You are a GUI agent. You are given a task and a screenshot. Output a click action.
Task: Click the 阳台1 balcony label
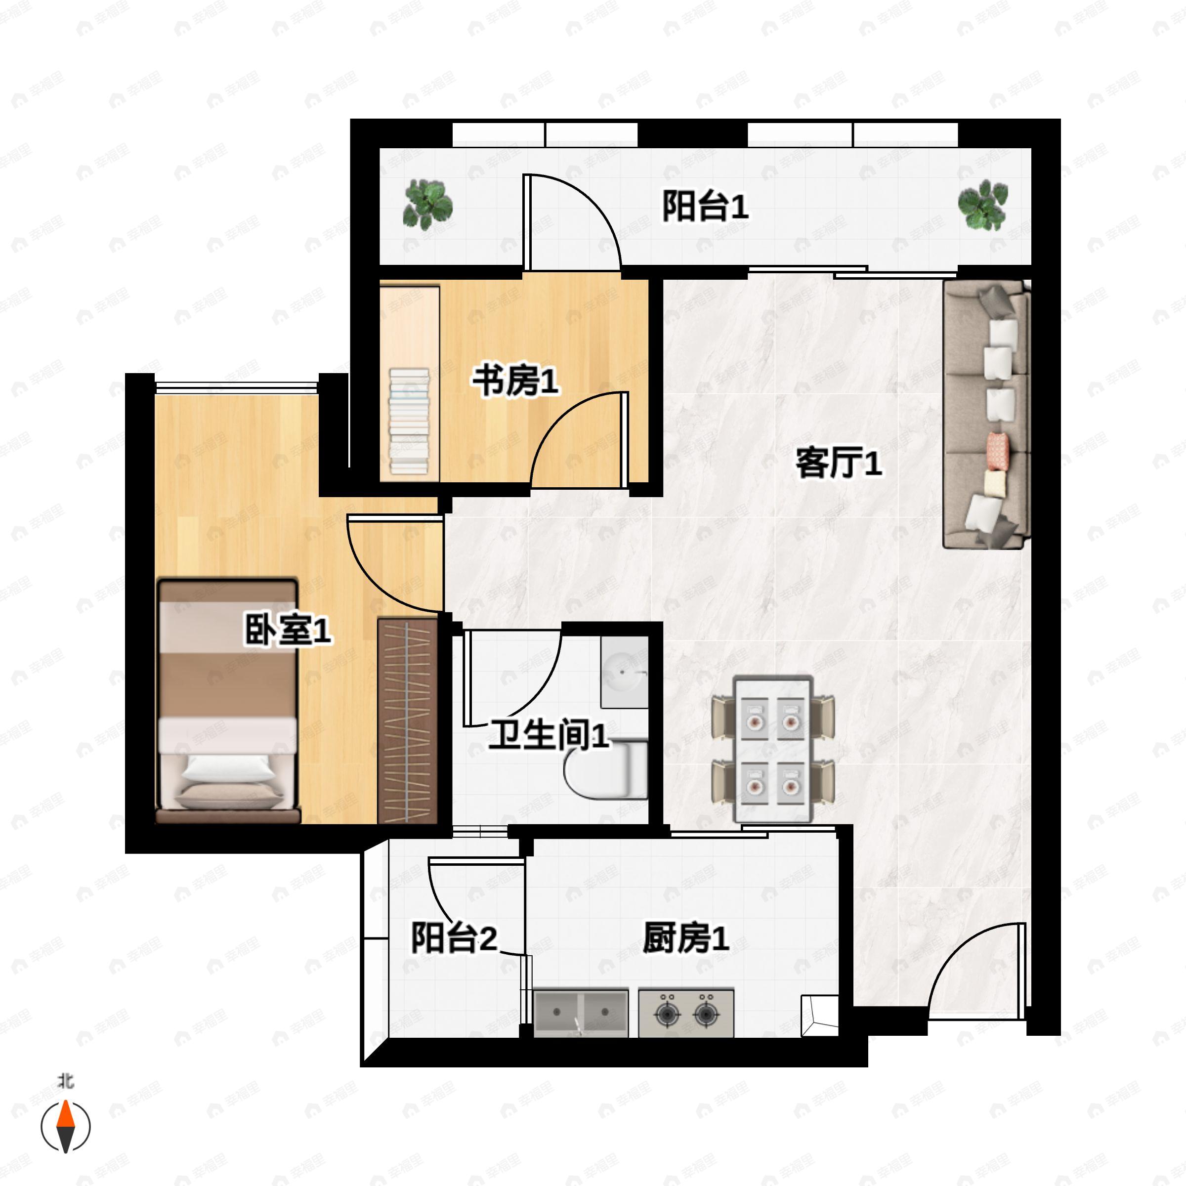click(x=705, y=207)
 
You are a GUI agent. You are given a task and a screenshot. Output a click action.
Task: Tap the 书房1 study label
click(x=515, y=381)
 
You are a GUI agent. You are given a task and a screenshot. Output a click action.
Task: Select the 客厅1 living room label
click(x=839, y=463)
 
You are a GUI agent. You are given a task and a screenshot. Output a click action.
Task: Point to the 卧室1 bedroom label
click(x=288, y=630)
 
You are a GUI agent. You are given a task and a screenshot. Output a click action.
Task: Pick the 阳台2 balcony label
click(x=454, y=938)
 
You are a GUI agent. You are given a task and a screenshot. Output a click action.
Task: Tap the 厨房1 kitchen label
click(x=686, y=938)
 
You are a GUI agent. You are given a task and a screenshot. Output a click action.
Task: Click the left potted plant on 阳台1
click(x=427, y=205)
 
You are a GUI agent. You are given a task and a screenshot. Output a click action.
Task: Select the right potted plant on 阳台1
click(x=983, y=205)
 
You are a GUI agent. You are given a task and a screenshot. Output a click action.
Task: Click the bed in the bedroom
click(x=228, y=700)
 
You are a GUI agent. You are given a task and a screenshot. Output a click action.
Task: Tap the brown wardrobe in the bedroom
click(x=408, y=720)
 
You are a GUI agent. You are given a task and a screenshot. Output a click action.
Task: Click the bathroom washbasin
click(x=624, y=672)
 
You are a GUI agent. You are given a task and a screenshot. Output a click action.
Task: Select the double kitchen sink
click(x=581, y=1012)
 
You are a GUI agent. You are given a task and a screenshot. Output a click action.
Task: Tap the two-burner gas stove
click(x=686, y=1012)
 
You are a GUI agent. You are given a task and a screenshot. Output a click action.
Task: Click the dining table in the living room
click(x=773, y=749)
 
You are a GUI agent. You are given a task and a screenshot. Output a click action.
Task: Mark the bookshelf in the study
click(x=410, y=420)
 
